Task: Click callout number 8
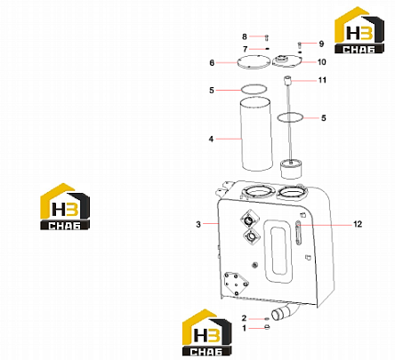tap(245, 36)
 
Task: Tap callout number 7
tap(245, 49)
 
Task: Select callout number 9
tap(321, 44)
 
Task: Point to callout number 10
tap(322, 62)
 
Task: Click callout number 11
tap(322, 80)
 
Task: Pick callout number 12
tap(358, 224)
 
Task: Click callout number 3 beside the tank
tap(198, 224)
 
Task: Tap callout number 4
tap(211, 139)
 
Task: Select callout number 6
tap(212, 63)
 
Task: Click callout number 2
tap(244, 318)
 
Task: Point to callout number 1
tap(244, 328)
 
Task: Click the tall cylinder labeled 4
tap(256, 134)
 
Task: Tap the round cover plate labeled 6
tap(252, 62)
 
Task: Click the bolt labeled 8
tap(267, 37)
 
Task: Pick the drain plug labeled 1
tap(267, 327)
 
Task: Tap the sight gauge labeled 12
tap(298, 233)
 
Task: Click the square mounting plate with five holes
tap(236, 284)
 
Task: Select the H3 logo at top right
tap(359, 30)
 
